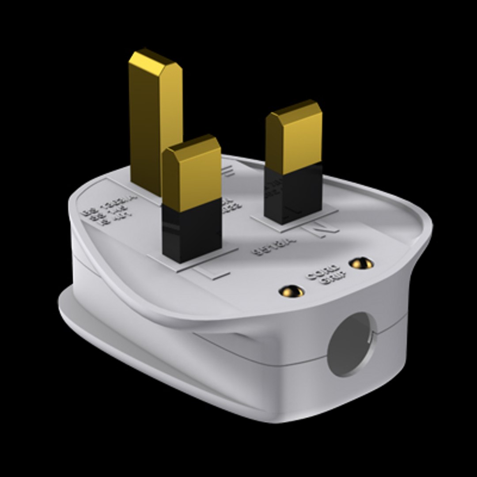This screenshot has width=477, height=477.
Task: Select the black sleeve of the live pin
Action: click(192, 230)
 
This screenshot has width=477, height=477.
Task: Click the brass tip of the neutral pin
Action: click(294, 141)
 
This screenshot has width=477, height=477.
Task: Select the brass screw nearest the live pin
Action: click(293, 291)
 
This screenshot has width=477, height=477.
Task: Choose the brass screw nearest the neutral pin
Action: click(361, 264)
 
